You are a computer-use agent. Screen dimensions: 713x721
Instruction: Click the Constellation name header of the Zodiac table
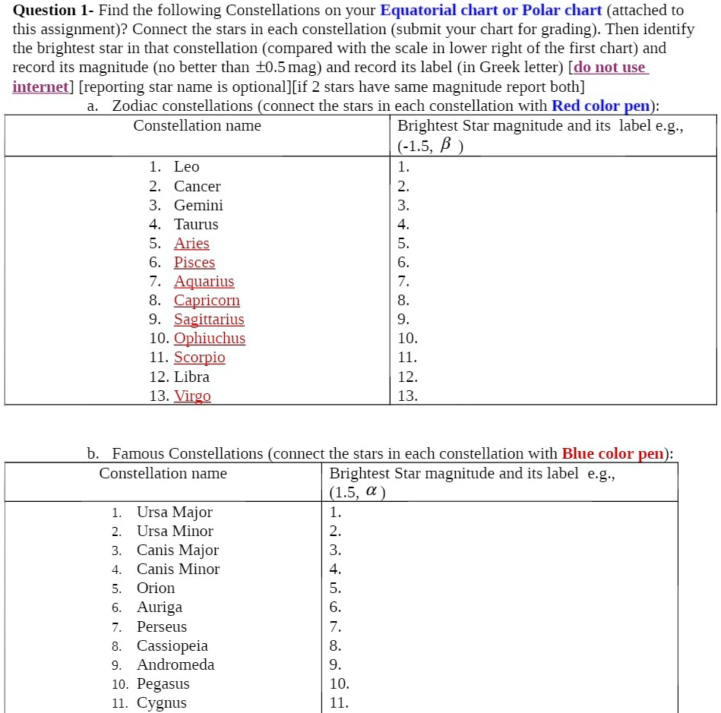coord(197,126)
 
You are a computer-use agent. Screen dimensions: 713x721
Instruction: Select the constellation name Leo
coord(186,167)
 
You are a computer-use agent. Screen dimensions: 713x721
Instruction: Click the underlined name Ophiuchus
coord(210,339)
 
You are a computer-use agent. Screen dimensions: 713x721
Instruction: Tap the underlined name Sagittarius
coord(209,320)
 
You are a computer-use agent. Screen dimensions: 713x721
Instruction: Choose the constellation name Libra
coord(191,377)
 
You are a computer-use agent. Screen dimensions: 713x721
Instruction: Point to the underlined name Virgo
coord(192,396)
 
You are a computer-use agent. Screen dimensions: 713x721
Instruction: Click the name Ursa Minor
coord(175,532)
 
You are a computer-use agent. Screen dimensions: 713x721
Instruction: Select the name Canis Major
coord(178,551)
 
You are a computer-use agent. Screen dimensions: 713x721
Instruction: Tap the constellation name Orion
coord(156,588)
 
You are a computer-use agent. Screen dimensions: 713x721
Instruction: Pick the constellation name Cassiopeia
coord(172,646)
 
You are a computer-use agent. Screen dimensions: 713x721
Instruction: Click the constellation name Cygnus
coord(161,703)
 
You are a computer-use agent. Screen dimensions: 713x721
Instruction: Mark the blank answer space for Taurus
coord(555,225)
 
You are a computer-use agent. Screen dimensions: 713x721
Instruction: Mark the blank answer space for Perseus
coord(501,627)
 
